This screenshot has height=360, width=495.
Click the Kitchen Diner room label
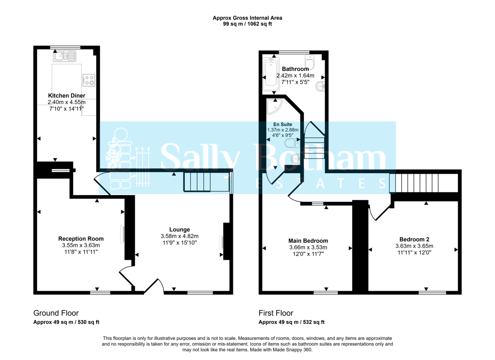tap(66, 96)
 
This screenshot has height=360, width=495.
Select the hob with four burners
tap(89, 80)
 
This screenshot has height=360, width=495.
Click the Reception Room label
tap(81, 239)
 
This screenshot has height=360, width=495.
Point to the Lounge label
tap(179, 230)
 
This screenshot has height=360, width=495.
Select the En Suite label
tap(283, 124)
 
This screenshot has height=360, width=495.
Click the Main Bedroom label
tap(308, 241)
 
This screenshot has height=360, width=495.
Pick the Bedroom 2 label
tap(414, 239)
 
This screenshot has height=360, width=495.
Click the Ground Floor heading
tap(56, 313)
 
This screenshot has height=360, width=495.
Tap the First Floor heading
tap(276, 313)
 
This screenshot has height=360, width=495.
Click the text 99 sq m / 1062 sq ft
tap(247, 24)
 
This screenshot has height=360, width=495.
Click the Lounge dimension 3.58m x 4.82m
tap(179, 236)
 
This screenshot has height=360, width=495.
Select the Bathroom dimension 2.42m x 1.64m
tap(295, 75)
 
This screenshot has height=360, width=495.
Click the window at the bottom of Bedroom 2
tap(432, 293)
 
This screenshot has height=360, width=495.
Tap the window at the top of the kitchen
tap(65, 47)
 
